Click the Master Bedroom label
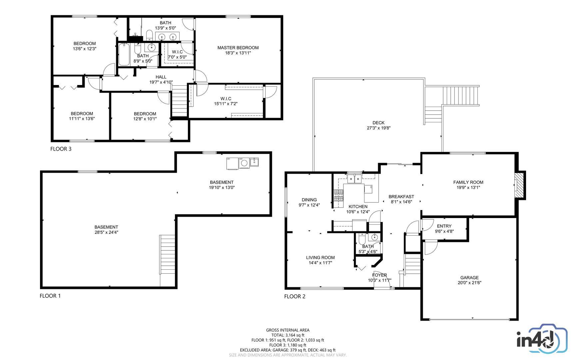click(x=238, y=48)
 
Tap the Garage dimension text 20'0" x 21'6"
click(x=469, y=283)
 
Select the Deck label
click(x=378, y=123)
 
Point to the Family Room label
click(x=468, y=182)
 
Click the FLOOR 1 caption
click(x=50, y=296)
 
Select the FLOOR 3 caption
click(x=61, y=149)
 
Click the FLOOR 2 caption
click(x=295, y=296)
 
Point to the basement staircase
click(x=168, y=261)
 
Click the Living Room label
click(x=320, y=257)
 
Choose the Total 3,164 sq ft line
click(x=288, y=335)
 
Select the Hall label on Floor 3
click(x=161, y=77)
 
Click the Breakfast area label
click(x=401, y=197)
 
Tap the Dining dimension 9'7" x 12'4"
click(x=309, y=205)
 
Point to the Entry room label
click(x=444, y=226)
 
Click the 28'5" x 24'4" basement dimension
click(x=106, y=232)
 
